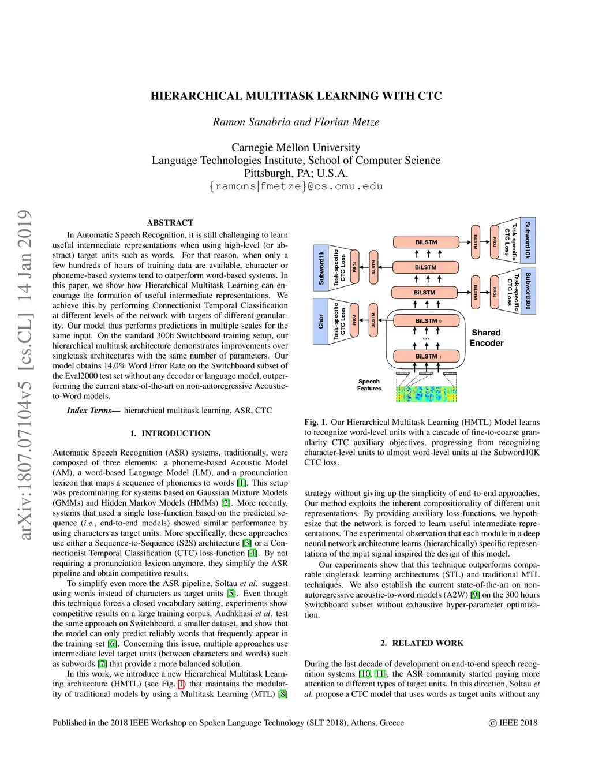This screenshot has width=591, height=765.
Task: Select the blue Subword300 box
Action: (528, 291)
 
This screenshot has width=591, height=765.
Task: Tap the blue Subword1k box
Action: (321, 267)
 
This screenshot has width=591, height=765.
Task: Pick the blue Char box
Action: (321, 322)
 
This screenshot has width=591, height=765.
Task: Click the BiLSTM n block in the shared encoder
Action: (427, 321)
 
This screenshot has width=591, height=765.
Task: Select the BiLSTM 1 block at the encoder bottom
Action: (427, 357)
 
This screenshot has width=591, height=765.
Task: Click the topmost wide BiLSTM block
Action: (427, 242)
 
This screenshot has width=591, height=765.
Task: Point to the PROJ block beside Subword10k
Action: (494, 242)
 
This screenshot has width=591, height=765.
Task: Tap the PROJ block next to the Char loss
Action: (355, 320)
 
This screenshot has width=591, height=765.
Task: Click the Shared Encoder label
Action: (486, 338)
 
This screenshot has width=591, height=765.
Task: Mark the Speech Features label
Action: (369, 385)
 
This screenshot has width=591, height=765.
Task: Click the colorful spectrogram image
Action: (427, 394)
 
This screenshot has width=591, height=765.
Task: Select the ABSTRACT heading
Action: (170, 223)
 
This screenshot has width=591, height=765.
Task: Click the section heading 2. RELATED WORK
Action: (422, 643)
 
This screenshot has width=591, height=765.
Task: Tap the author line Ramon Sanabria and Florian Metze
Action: (296, 122)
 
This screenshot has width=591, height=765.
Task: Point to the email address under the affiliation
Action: (296, 186)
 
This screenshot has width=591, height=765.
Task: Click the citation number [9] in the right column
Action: (475, 595)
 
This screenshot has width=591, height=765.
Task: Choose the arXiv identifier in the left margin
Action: (25, 375)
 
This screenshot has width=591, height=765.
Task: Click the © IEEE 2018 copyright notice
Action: (513, 723)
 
